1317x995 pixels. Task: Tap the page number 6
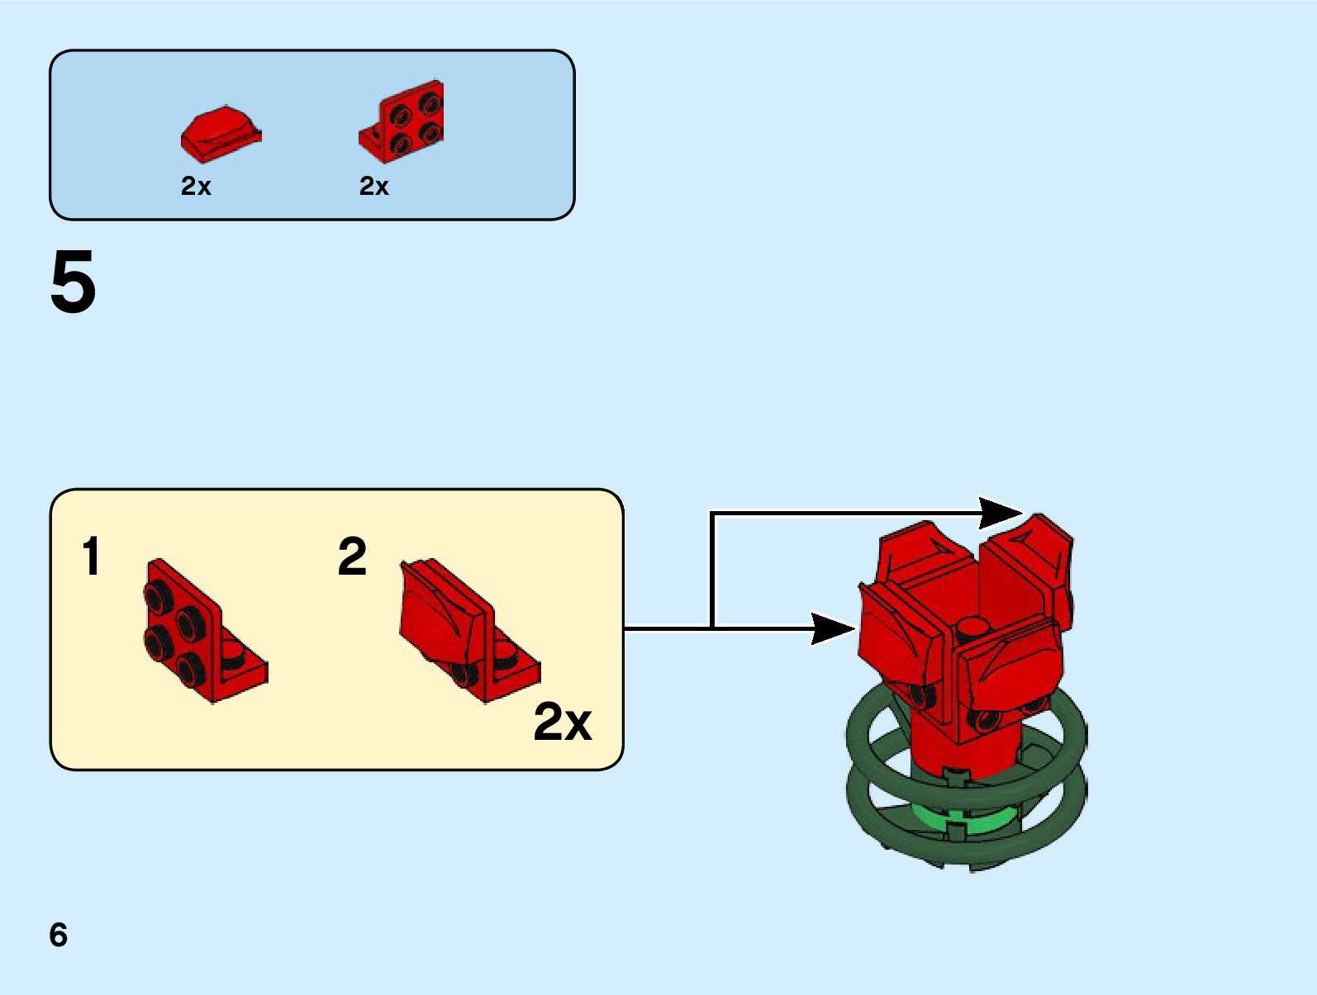(58, 935)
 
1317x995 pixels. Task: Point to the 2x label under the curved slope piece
(196, 187)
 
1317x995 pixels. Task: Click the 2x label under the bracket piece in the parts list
(373, 187)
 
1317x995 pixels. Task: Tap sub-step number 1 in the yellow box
(91, 556)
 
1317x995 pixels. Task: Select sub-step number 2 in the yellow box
(352, 556)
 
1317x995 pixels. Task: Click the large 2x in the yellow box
(563, 722)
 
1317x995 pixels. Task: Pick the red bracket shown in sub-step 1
(203, 632)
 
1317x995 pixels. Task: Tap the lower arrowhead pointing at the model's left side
(833, 628)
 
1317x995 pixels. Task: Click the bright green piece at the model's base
(967, 821)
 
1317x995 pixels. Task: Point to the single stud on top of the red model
(973, 627)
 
